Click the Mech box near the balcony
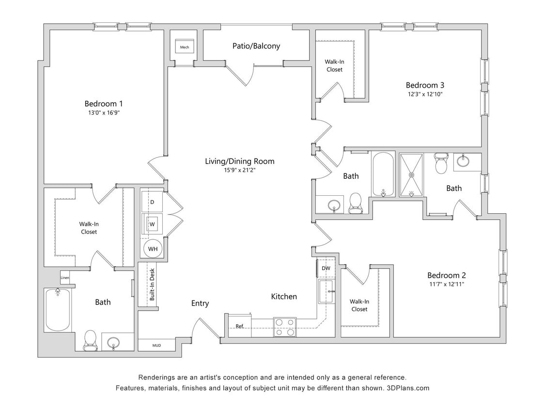click(x=185, y=47)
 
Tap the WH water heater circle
click(x=153, y=249)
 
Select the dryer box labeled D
click(x=152, y=202)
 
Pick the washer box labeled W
click(x=152, y=224)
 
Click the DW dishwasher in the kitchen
click(x=326, y=268)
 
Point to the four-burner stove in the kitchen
click(x=284, y=326)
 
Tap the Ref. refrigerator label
click(x=239, y=326)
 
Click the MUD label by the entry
click(x=156, y=346)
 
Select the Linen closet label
click(x=65, y=278)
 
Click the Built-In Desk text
click(x=152, y=284)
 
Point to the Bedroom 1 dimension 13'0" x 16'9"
click(x=103, y=113)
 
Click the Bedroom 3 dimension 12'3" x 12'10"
click(x=424, y=94)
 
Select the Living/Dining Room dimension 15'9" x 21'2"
click(x=239, y=170)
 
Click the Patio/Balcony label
click(x=256, y=46)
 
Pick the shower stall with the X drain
click(x=411, y=175)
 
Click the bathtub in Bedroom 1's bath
click(x=58, y=310)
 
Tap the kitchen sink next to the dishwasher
click(x=326, y=291)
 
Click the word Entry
click(x=200, y=303)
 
